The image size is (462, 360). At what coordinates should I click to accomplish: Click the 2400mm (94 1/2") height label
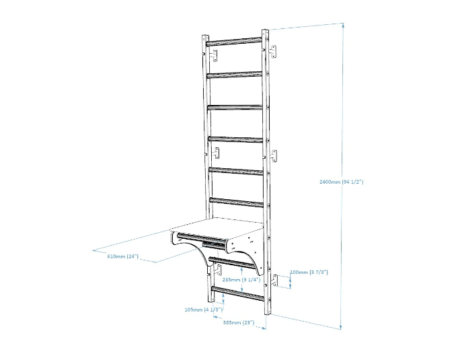point(341,182)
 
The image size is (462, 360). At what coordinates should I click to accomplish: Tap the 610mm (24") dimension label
point(122,256)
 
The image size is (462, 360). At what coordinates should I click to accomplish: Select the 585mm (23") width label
point(238,322)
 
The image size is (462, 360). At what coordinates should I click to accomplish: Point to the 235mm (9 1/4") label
point(241,279)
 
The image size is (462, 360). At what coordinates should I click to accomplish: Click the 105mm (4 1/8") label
point(204,310)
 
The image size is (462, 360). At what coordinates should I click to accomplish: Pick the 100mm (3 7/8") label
point(309,272)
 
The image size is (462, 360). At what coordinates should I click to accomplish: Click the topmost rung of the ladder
point(234,41)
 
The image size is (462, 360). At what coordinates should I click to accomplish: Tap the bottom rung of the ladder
point(238,293)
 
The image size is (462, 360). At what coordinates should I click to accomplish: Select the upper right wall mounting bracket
point(273,52)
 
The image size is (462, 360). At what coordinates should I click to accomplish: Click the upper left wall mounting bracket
point(215,55)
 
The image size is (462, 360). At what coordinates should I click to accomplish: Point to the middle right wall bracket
point(274,155)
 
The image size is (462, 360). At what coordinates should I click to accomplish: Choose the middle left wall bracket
point(217,153)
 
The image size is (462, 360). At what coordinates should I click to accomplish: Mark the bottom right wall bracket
point(275,280)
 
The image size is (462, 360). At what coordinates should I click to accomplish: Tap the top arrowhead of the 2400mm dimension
point(343,26)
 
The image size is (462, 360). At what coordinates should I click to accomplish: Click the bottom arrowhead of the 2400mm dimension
point(341,326)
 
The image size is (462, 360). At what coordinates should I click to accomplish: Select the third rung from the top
point(235,107)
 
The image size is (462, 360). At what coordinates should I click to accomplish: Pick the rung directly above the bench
point(237,203)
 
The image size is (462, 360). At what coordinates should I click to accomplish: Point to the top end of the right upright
point(265,30)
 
